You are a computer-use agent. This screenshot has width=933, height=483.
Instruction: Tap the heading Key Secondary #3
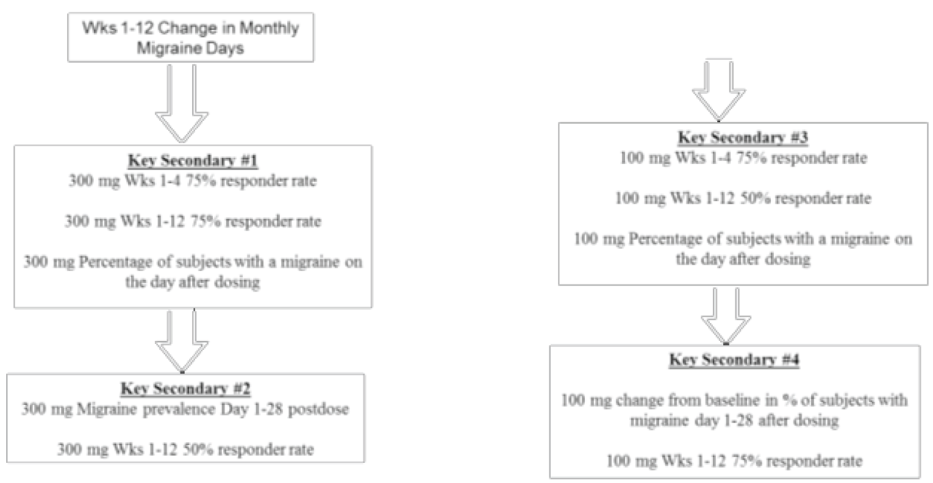[x=743, y=138]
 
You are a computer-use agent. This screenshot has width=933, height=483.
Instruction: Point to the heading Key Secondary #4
[x=734, y=360]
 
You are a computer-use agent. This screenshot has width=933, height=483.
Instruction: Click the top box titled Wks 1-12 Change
[x=190, y=38]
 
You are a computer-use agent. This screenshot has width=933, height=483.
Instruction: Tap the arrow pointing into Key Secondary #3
[x=718, y=90]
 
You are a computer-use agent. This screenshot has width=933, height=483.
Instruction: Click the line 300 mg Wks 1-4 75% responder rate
[x=193, y=181]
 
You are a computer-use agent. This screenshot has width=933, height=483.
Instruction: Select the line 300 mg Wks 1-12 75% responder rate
[x=193, y=221]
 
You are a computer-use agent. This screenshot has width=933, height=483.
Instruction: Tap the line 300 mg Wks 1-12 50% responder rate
[x=185, y=450]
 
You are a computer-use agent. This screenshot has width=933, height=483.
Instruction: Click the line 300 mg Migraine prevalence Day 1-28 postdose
[x=185, y=409]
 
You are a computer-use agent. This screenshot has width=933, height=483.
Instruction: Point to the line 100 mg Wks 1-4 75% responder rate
[x=743, y=158]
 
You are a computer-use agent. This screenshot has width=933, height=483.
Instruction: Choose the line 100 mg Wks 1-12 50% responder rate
[x=743, y=198]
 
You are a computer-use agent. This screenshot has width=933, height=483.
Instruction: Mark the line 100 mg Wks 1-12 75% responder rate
[x=734, y=460]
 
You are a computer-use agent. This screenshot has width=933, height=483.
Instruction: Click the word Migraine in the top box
[x=162, y=48]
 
